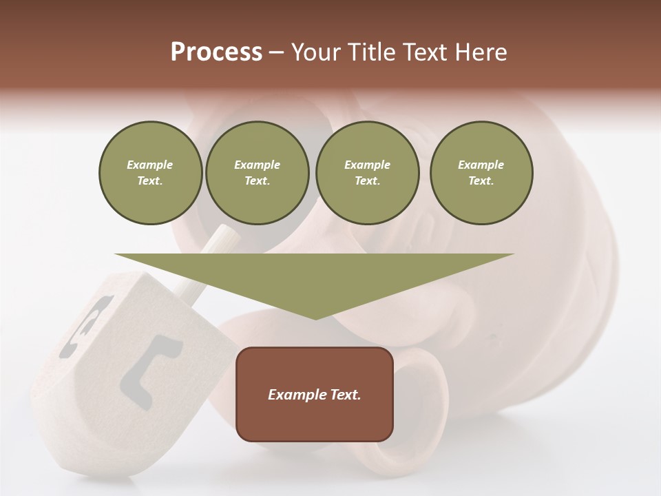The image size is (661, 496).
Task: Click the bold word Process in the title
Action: [216, 52]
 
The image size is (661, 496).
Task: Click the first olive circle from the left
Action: [150, 173]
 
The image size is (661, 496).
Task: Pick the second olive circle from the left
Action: [258, 173]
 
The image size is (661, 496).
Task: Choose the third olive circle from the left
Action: [367, 173]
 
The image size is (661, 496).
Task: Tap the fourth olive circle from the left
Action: [481, 173]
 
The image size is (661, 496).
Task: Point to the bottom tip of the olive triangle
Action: [315, 318]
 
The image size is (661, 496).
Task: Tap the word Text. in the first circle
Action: [150, 181]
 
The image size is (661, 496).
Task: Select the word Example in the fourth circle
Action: [481, 165]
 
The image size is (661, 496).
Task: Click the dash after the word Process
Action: [277, 52]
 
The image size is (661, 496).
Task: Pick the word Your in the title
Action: [317, 52]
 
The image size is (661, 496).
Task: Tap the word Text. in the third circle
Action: [367, 181]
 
